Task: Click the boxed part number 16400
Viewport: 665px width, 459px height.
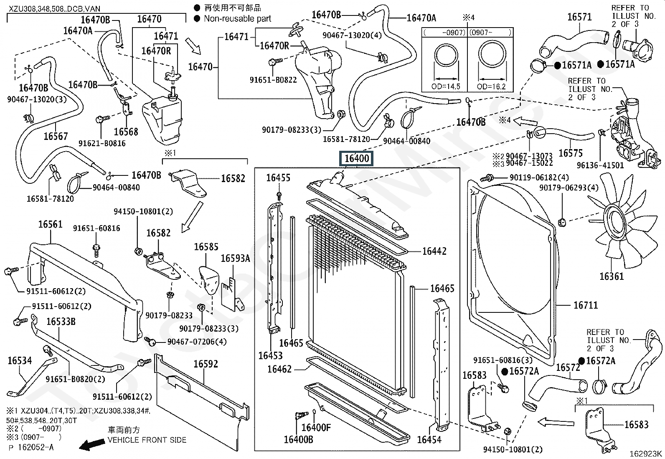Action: (356, 159)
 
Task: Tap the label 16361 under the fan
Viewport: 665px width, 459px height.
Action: (612, 276)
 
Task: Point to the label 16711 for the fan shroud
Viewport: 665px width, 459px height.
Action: (586, 305)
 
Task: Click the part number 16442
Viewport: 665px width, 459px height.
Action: (434, 251)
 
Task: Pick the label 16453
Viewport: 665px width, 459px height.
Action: (270, 355)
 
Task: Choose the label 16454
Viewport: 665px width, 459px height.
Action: (429, 439)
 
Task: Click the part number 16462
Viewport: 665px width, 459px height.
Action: (279, 369)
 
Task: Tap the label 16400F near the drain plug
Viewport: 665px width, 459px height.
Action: (316, 428)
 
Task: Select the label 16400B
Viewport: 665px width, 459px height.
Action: (298, 439)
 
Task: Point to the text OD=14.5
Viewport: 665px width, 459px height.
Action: (446, 87)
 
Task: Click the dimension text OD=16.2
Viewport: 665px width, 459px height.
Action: (491, 87)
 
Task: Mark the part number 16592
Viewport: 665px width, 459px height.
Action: (206, 364)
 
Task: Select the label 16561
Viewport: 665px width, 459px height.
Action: (51, 225)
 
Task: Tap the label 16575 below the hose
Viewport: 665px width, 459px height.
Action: (571, 153)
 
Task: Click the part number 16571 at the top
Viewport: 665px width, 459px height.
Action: (579, 17)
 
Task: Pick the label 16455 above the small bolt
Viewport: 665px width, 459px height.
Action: (278, 178)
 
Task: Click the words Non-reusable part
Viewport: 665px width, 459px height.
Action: (237, 19)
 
